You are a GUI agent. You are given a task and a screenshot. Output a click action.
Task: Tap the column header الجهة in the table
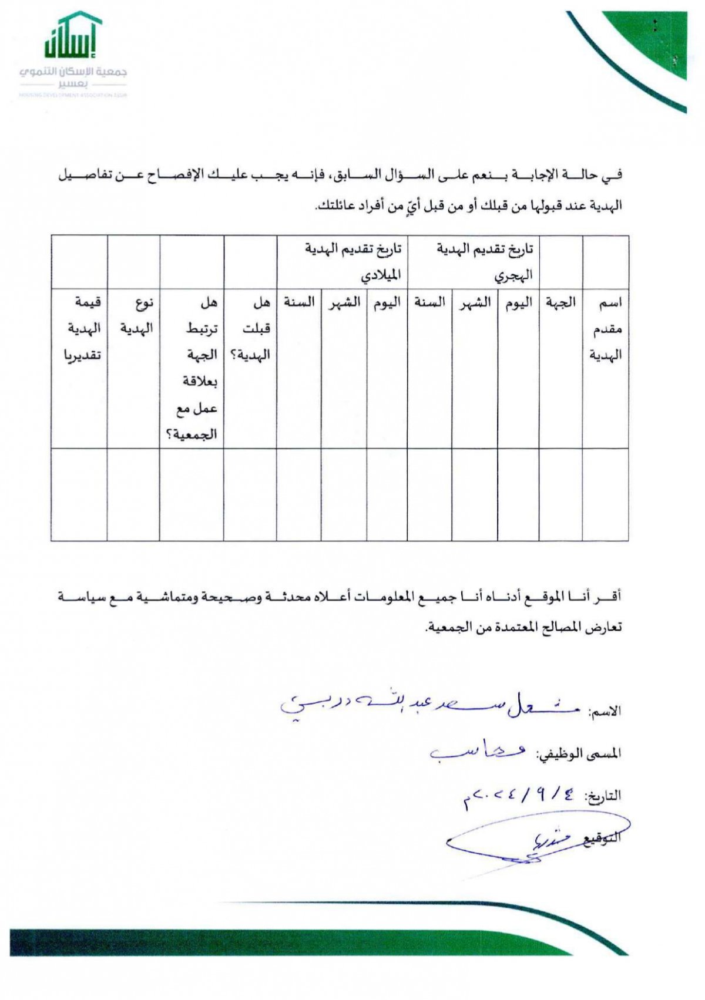pyautogui.click(x=561, y=303)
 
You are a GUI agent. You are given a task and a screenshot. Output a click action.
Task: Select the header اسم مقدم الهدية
pyautogui.click(x=606, y=329)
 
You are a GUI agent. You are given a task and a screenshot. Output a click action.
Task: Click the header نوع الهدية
pyautogui.click(x=137, y=316)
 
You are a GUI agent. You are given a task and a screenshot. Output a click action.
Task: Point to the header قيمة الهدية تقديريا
pyautogui.click(x=82, y=329)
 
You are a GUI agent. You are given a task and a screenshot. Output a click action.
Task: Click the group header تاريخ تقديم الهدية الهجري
pyautogui.click(x=485, y=261)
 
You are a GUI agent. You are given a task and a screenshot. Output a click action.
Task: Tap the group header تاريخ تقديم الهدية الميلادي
pyautogui.click(x=353, y=261)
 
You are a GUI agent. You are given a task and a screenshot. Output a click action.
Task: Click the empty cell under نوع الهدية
pyautogui.click(x=133, y=494)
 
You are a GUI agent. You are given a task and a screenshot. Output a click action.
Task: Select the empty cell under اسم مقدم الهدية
pyautogui.click(x=606, y=494)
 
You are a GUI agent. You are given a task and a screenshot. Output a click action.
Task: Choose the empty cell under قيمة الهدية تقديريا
pyautogui.click(x=79, y=494)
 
